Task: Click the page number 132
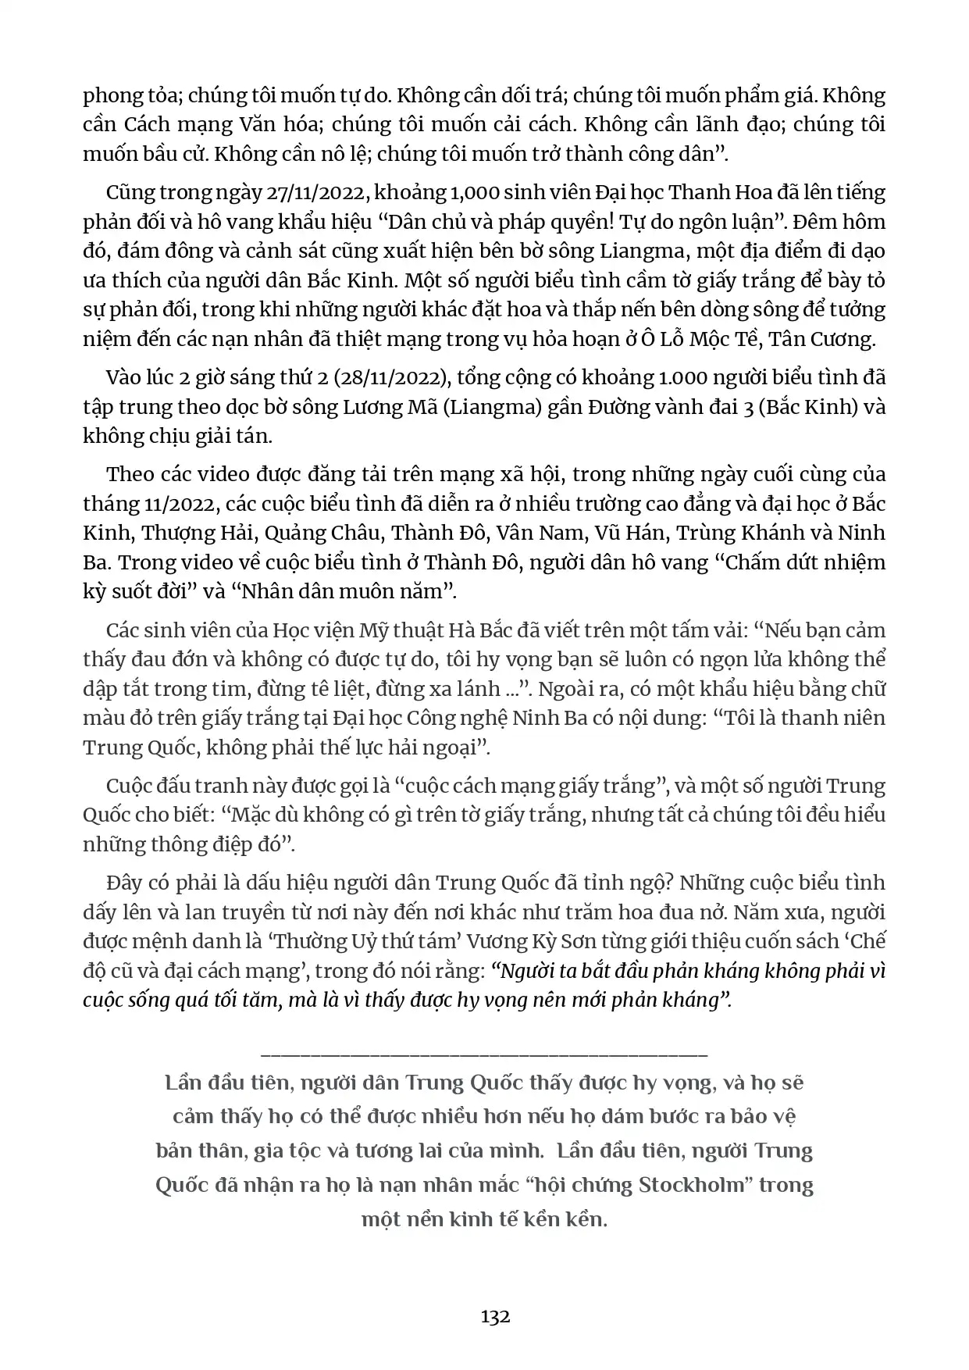tap(495, 1316)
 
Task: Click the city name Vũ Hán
tap(628, 533)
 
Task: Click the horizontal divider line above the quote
tap(484, 1055)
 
